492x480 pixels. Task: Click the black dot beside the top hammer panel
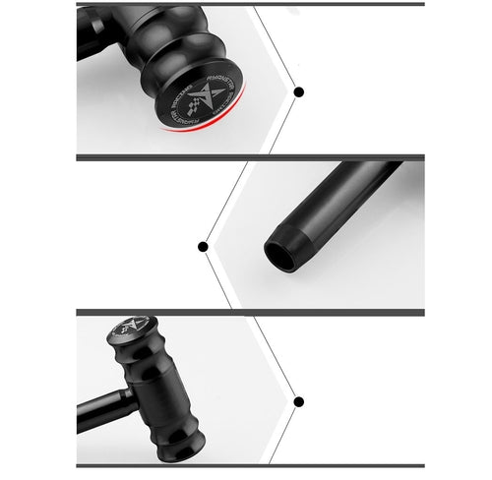tap(298, 91)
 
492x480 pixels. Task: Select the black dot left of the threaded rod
tap(204, 246)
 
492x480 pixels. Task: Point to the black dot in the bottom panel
tap(298, 401)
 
